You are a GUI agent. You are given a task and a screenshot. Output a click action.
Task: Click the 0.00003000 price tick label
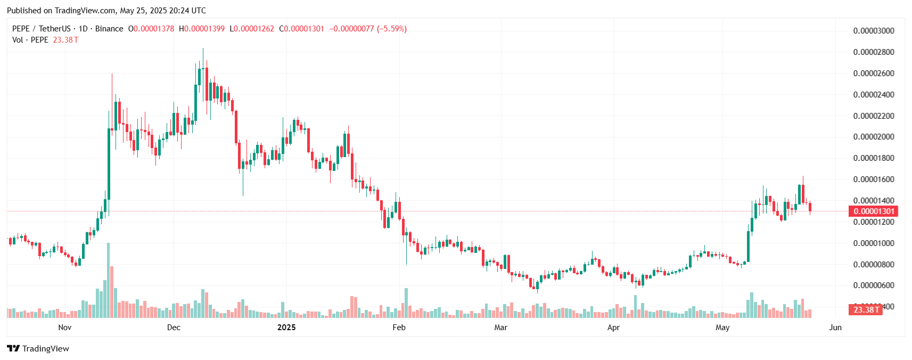(x=874, y=31)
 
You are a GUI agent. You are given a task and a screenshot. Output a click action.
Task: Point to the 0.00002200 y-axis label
(x=874, y=116)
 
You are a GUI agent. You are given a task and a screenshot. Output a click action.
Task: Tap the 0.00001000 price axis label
(x=874, y=243)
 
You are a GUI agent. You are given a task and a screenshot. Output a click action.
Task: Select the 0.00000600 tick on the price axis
(x=874, y=285)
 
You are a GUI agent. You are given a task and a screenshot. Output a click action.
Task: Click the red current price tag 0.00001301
(x=874, y=211)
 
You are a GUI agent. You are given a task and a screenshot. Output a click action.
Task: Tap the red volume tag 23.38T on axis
(x=866, y=309)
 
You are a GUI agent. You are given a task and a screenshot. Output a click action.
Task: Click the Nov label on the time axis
(x=64, y=328)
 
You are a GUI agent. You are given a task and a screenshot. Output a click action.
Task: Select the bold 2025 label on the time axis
(x=286, y=328)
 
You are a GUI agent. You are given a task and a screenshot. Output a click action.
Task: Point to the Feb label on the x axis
(x=399, y=328)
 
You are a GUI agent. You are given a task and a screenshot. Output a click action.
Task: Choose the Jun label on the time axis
(x=835, y=328)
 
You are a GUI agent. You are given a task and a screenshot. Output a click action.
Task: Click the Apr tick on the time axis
(x=613, y=328)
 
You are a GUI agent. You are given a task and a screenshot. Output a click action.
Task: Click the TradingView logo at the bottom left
(x=38, y=349)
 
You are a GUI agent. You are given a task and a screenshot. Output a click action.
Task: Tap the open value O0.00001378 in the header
(x=151, y=29)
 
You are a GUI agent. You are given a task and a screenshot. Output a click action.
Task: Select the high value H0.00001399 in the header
(x=202, y=29)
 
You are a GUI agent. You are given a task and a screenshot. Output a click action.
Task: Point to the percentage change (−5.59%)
(x=392, y=29)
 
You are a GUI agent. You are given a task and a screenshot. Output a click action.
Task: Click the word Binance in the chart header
(x=109, y=29)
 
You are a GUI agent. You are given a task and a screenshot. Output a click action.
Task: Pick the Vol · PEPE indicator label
(x=30, y=40)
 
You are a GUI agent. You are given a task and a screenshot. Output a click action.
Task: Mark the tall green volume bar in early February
(x=406, y=303)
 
